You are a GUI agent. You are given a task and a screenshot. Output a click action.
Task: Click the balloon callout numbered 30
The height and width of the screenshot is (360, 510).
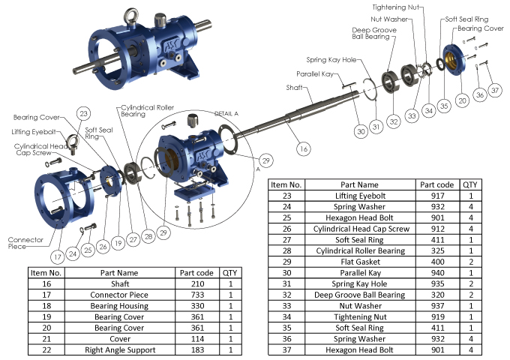tap(361, 131)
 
